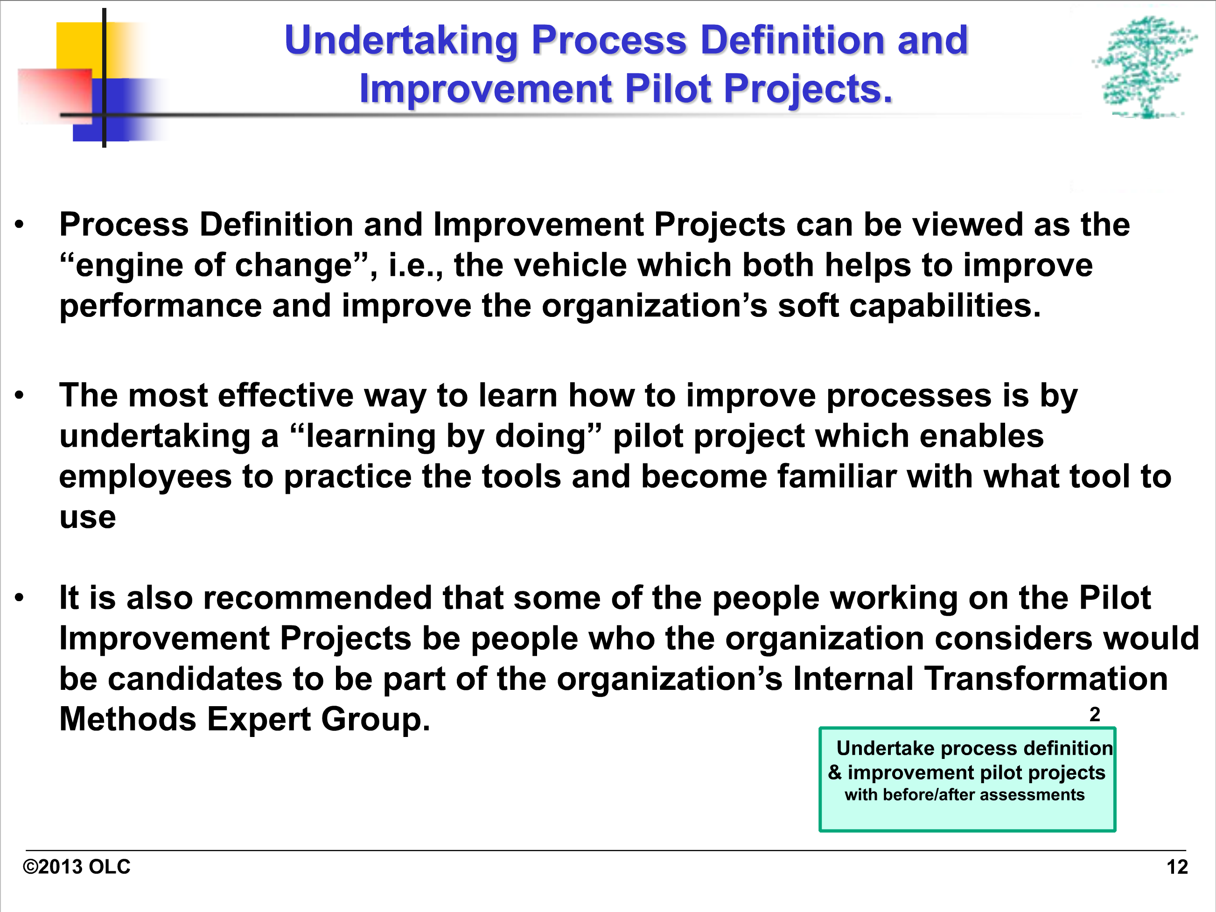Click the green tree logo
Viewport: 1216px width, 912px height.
[1145, 67]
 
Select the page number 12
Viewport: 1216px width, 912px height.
[1177, 867]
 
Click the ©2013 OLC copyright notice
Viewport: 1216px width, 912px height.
[77, 867]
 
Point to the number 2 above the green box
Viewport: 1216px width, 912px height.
[1095, 714]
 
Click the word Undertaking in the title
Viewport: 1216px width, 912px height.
[401, 41]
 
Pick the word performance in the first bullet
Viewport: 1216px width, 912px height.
[161, 306]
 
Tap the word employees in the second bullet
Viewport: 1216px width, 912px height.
[145, 477]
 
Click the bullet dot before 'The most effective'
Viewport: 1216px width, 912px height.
[20, 395]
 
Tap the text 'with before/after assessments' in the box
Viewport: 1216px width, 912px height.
[965, 795]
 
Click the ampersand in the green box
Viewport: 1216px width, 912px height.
[835, 772]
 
